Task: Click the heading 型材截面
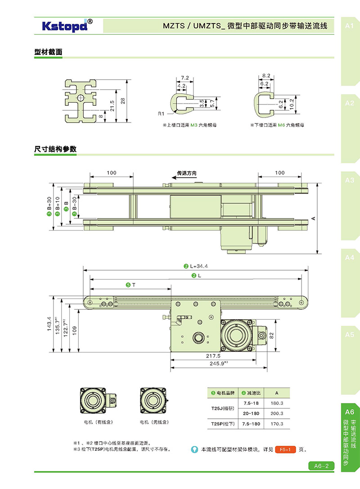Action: tap(48, 52)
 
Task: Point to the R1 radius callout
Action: tap(161, 113)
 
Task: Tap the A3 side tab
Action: tap(350, 180)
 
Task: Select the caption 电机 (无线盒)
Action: tap(153, 422)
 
